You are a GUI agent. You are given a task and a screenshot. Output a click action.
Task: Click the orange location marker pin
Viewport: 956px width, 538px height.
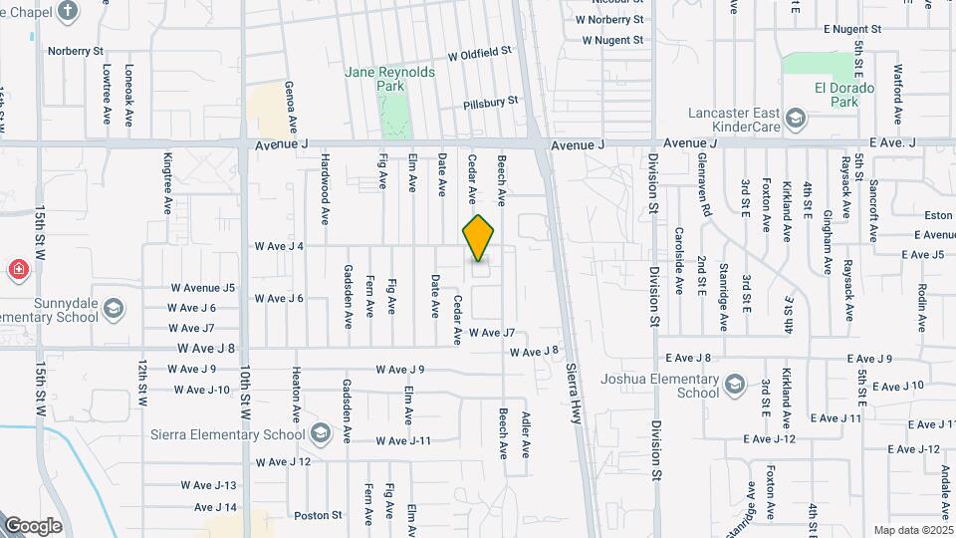pos(479,238)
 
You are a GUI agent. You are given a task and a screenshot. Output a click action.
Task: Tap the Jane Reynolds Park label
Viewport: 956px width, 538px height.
pos(376,79)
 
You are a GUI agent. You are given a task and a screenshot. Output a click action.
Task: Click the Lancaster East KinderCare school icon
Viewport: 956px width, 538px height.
pos(796,120)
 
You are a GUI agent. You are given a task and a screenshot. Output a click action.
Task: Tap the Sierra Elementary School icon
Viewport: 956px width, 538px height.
pos(320,433)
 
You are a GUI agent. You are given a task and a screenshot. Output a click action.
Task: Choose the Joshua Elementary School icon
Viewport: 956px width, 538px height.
pos(734,385)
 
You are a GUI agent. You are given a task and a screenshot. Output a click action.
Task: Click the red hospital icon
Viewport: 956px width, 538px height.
pos(17,269)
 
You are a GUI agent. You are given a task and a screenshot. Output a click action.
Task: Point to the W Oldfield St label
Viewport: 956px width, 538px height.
pos(479,52)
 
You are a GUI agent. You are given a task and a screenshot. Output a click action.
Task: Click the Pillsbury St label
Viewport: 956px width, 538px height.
pos(491,103)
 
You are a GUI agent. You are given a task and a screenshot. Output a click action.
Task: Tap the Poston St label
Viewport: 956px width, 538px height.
pos(319,515)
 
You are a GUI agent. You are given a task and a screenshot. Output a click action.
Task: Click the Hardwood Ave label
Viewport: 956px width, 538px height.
pos(325,188)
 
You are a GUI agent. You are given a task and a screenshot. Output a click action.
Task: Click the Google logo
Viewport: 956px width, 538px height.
pos(33,526)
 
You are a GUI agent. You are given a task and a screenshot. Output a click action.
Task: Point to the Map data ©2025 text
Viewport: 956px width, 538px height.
pos(913,530)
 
